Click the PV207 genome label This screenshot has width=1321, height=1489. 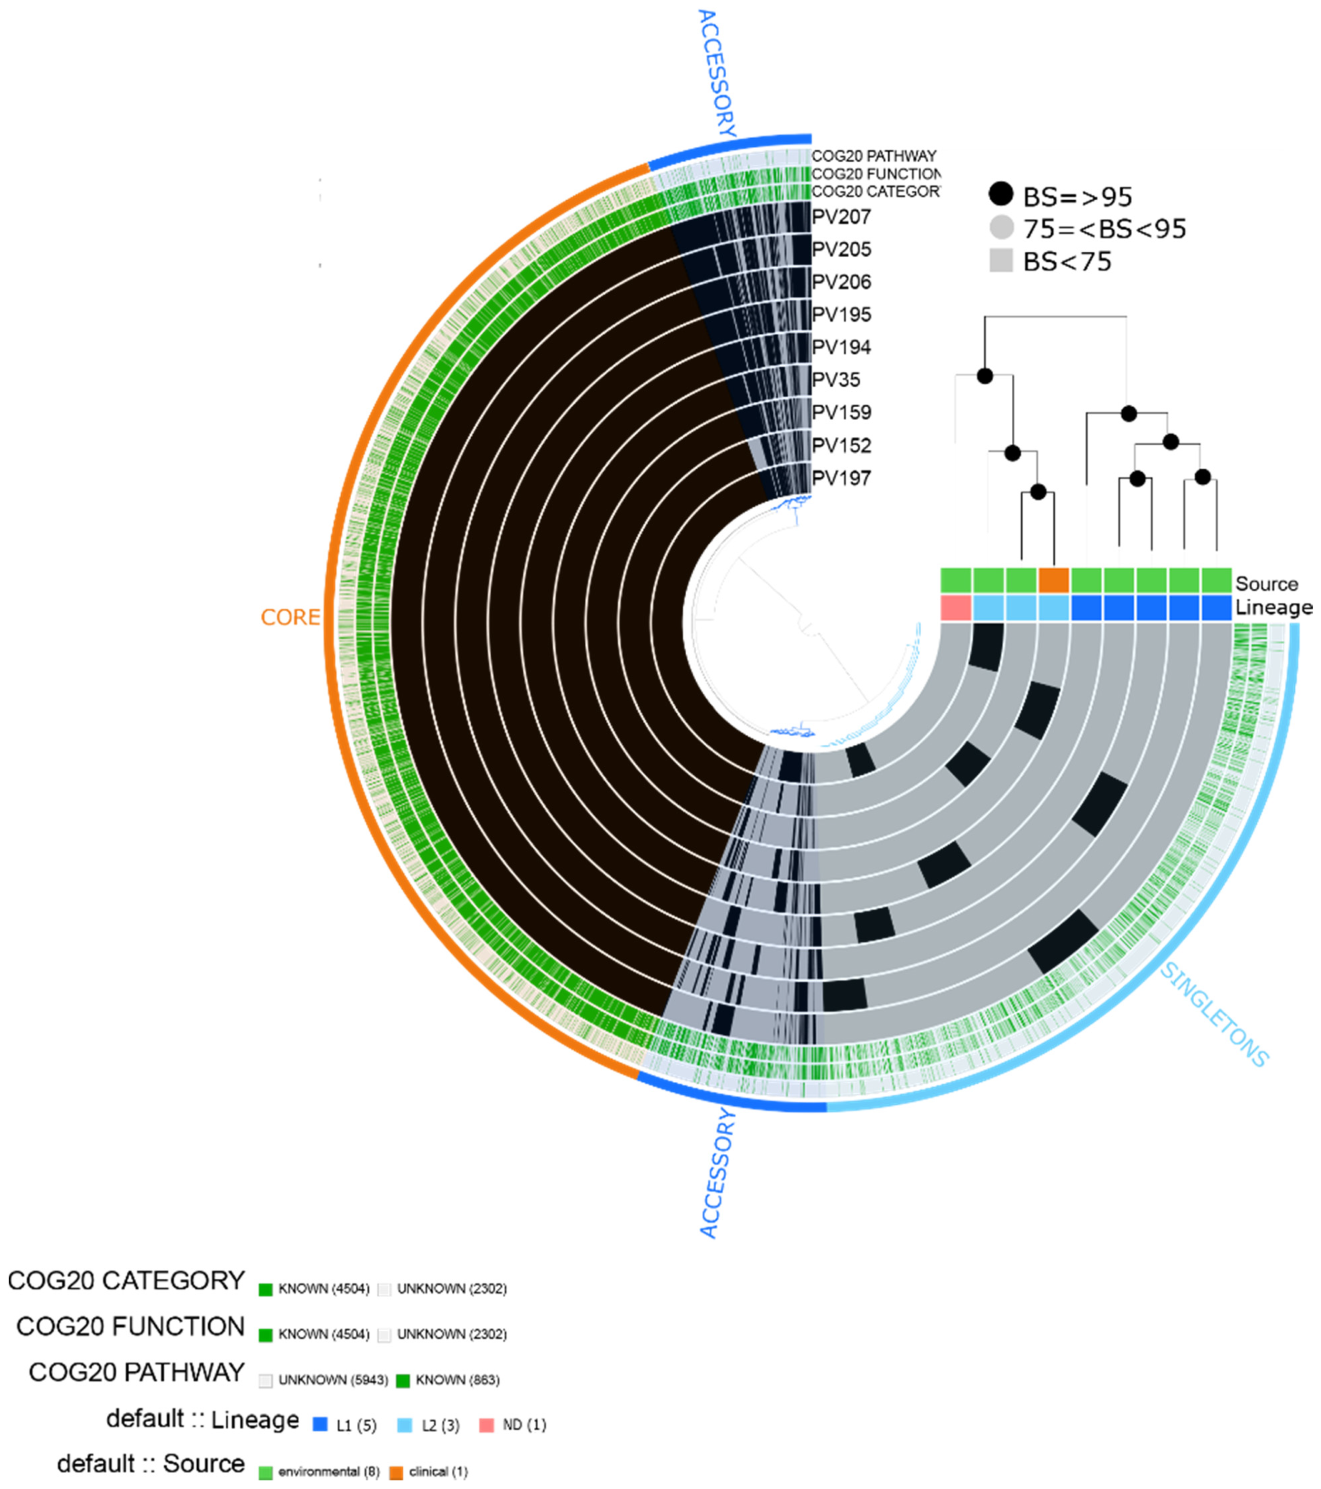point(841,216)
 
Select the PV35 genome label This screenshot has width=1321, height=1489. point(836,380)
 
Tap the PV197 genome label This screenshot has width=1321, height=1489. point(841,478)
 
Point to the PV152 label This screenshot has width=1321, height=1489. point(841,445)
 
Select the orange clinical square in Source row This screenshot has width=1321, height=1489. point(1053,581)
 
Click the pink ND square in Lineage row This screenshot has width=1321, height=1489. point(955,607)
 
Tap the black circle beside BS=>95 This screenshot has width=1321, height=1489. point(1001,195)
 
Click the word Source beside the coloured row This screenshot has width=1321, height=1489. point(1266,584)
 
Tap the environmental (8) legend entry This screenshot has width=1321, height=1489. point(328,1471)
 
